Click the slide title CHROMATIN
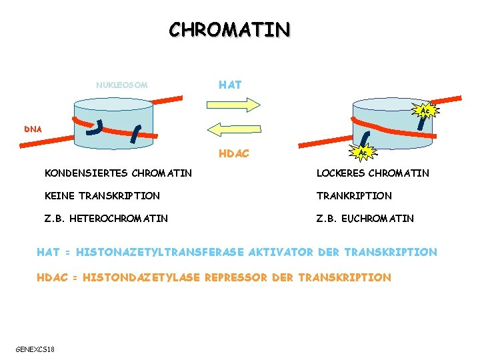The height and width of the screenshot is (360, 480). [x=229, y=30]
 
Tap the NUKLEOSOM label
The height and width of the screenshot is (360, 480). [x=121, y=85]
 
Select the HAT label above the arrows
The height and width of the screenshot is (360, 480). [x=230, y=85]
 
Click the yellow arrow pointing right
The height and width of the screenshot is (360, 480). [x=233, y=104]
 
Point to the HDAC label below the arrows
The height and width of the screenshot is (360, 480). [x=233, y=154]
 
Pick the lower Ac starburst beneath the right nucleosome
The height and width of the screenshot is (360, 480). [x=362, y=153]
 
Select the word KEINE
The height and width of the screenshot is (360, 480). [x=59, y=196]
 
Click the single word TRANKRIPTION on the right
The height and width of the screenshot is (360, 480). [x=354, y=196]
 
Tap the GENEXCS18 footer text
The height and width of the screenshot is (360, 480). [x=35, y=349]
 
